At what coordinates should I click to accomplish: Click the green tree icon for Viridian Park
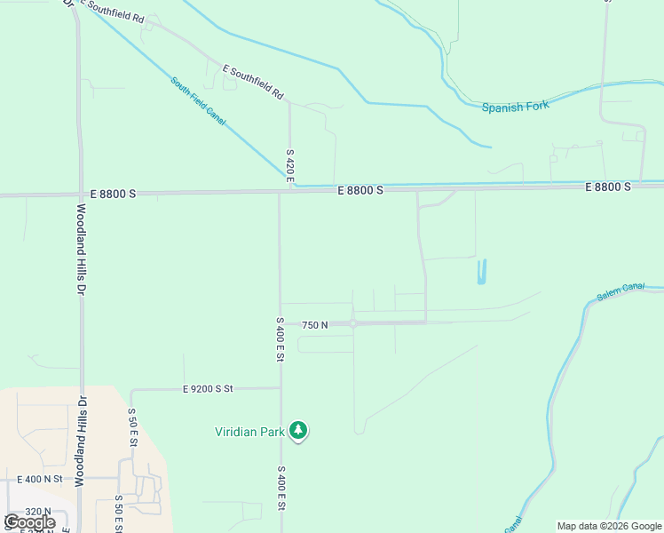(299, 431)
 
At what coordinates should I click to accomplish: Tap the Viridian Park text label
(249, 433)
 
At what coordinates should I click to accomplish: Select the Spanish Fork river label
(515, 107)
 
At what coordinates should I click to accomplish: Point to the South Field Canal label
(198, 100)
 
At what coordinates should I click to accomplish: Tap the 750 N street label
(314, 325)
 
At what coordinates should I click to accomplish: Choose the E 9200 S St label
(207, 389)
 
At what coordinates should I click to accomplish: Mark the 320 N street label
(37, 512)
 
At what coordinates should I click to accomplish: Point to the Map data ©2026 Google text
(609, 526)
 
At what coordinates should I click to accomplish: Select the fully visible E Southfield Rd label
(252, 81)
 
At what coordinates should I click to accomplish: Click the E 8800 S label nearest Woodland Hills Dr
(114, 192)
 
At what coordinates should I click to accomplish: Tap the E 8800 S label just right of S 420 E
(360, 190)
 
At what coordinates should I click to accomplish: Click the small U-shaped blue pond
(482, 273)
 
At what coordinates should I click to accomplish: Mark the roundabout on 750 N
(352, 324)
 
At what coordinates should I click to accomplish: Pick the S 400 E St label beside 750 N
(279, 338)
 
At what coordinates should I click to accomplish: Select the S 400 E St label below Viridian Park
(281, 488)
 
